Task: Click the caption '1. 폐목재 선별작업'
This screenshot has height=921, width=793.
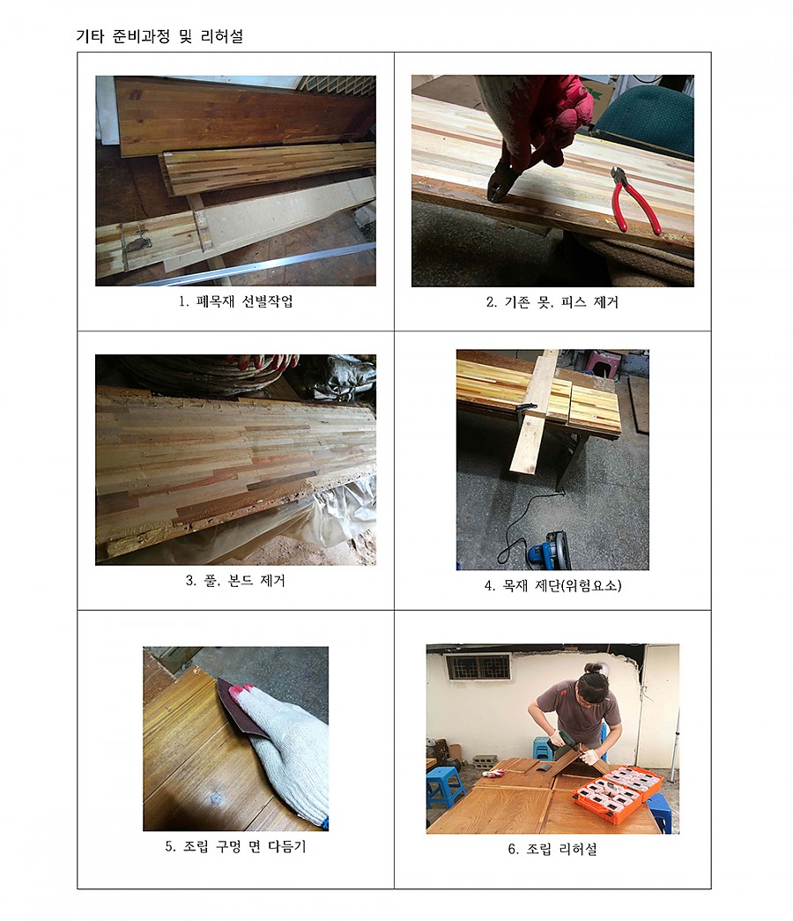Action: coord(235,302)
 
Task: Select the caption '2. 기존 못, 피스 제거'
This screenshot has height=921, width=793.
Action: coord(552,302)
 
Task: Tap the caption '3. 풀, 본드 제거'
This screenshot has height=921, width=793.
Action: coord(235,581)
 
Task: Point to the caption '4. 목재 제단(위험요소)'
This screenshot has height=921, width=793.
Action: coord(552,585)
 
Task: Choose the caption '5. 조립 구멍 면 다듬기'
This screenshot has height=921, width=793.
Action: coord(235,846)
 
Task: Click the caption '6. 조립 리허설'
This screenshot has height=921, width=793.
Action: coord(552,849)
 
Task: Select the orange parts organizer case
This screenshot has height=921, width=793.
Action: coord(617,792)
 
